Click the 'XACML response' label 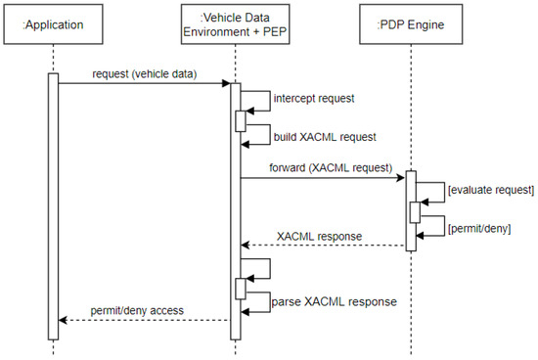(319, 236)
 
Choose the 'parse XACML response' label (334, 301)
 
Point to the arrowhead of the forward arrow (401, 177)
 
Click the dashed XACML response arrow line (323, 247)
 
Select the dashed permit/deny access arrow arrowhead (64, 319)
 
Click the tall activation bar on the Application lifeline (53, 205)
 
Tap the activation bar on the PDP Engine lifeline (411, 210)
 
